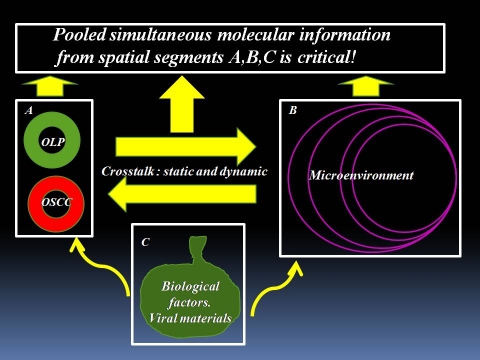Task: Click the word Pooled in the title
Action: coord(80,35)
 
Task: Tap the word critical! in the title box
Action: coord(327,57)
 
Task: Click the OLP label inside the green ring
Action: coord(53,142)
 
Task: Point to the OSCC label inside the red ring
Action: coord(56,202)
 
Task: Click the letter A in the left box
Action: coord(29,110)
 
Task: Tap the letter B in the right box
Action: coord(293,110)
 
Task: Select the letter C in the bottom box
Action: coord(145,242)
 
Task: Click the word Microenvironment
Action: coord(362,175)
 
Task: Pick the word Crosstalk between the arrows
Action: coord(128,171)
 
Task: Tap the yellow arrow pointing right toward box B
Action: coord(186,147)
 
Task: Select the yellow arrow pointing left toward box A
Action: coord(182,194)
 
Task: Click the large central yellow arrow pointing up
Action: coord(182,104)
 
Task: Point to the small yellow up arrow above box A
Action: coord(50,86)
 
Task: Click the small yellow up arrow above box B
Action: coord(366,86)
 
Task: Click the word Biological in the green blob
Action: coord(190,286)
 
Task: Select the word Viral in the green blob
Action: coord(159,318)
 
